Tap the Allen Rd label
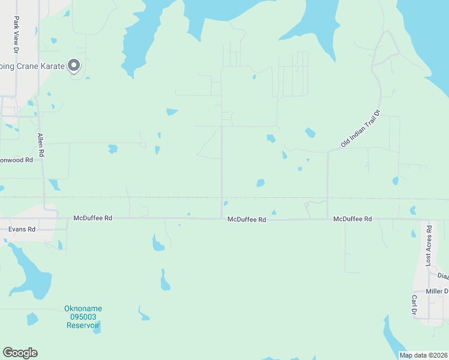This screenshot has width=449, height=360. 40,145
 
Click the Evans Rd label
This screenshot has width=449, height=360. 22,229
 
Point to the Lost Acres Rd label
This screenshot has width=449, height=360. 429,246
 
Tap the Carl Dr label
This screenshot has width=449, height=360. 414,305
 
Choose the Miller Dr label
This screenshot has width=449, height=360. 437,291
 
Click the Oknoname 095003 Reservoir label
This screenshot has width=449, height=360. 83,317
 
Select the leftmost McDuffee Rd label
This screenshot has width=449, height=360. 92,218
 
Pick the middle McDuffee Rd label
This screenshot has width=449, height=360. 246,220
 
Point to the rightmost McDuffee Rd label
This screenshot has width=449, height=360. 352,220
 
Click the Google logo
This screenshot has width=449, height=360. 20,353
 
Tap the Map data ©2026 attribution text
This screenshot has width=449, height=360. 423,355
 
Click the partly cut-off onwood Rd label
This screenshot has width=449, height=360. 16,160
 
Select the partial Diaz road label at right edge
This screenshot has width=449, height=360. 443,276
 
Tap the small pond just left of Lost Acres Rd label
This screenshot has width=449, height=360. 413,233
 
